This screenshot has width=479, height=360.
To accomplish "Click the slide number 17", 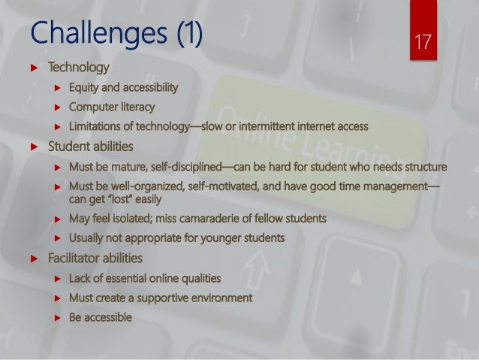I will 423,40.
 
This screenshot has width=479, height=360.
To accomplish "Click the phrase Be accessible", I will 100,317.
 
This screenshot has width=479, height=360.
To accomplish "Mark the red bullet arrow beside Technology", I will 33,70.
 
